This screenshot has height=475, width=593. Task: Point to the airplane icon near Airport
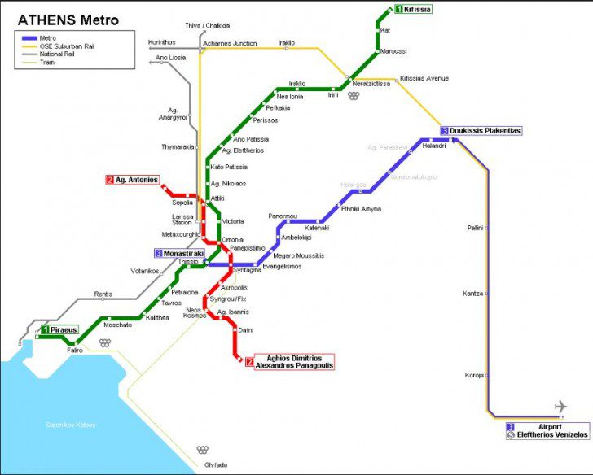point(560,406)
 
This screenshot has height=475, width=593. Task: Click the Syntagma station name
point(247,269)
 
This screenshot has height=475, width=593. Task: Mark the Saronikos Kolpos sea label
point(69,425)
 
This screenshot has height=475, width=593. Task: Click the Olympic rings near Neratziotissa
point(353,95)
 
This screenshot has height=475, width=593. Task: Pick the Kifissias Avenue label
point(424,78)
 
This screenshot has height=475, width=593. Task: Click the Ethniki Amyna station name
point(361,209)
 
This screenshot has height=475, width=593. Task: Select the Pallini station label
point(475,228)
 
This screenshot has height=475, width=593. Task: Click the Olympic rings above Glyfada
point(203,450)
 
